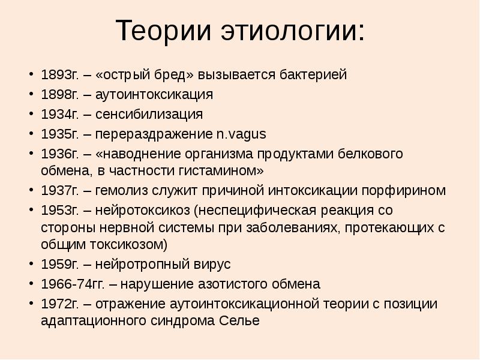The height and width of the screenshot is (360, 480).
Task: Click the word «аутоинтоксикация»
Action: tap(162, 95)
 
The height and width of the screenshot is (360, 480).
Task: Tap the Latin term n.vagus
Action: tap(240, 133)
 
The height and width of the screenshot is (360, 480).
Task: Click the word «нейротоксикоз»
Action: tap(142, 211)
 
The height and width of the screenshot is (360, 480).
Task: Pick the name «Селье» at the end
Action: tap(239, 321)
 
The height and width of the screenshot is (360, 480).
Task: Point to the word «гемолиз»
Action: tap(118, 191)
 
